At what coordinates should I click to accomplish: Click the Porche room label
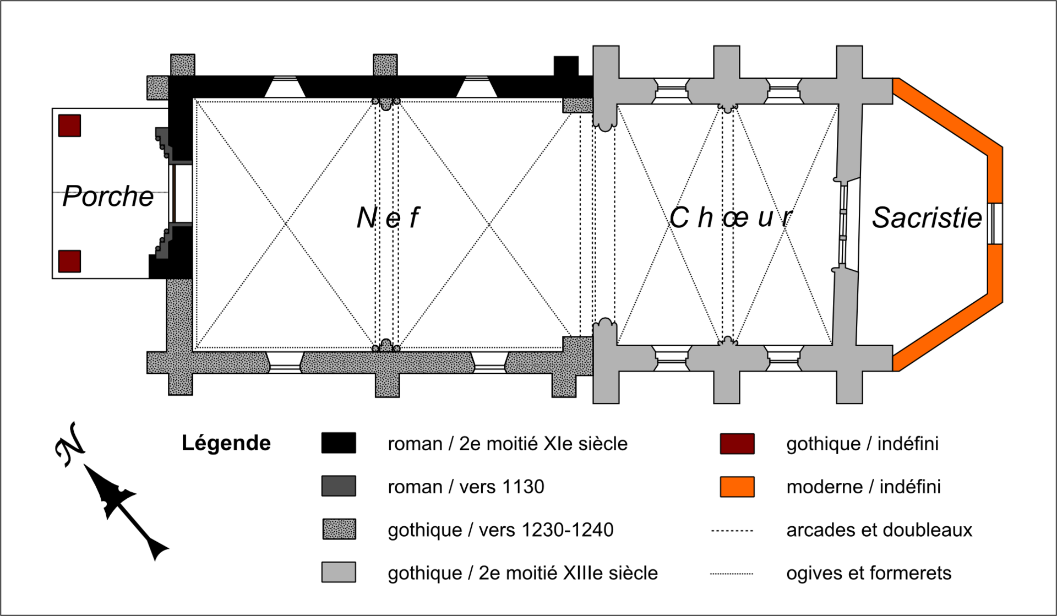(108, 197)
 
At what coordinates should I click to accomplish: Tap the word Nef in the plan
(388, 217)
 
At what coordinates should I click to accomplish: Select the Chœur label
(731, 217)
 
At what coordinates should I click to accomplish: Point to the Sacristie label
(927, 217)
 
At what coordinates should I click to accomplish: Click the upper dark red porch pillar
(70, 126)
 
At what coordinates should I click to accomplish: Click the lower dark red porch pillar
(70, 261)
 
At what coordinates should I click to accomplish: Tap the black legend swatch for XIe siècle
(339, 443)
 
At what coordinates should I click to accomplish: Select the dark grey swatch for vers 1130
(339, 486)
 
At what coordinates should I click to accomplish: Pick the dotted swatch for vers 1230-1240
(339, 529)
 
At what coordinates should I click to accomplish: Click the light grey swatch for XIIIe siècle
(339, 572)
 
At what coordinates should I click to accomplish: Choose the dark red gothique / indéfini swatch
(737, 443)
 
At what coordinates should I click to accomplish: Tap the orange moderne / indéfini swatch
(737, 487)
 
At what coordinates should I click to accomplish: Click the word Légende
(226, 443)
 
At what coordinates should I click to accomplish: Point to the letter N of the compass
(70, 444)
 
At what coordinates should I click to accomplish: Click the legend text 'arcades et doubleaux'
(879, 530)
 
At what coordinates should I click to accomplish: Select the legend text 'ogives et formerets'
(869, 573)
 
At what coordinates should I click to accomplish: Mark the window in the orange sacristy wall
(995, 223)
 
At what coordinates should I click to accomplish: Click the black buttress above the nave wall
(566, 66)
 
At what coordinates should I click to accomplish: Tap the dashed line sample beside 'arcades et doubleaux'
(732, 531)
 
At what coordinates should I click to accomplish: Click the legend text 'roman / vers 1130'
(466, 487)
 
